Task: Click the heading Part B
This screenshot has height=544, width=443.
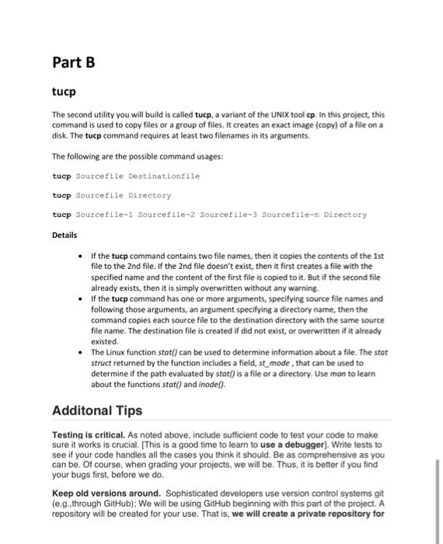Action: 73,62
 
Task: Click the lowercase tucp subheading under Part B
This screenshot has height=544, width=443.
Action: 64,92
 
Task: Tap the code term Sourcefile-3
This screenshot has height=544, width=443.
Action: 235,214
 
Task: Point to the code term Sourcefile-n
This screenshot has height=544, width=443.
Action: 292,214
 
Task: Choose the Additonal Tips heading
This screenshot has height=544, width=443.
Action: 97,410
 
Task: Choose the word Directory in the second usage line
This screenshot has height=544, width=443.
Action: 149,195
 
